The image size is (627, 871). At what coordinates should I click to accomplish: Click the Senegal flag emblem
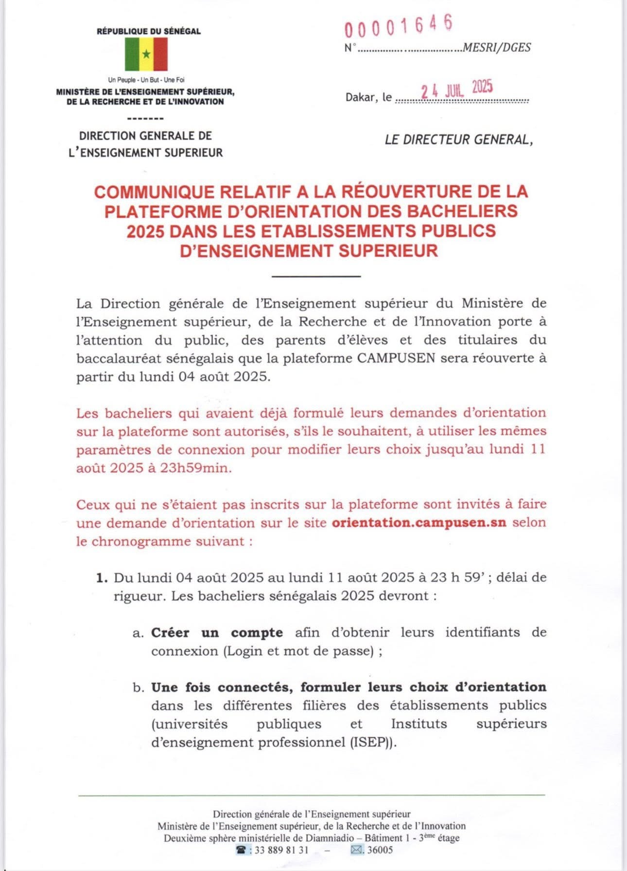tap(146, 54)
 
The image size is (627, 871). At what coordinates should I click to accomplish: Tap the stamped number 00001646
tap(399, 27)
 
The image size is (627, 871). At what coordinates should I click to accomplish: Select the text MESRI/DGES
tap(497, 48)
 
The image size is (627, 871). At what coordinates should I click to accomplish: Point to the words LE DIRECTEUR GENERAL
tap(458, 140)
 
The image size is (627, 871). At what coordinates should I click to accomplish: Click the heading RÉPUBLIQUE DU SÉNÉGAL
tap(149, 31)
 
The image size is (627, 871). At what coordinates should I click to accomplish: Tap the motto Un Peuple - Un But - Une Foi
tap(146, 80)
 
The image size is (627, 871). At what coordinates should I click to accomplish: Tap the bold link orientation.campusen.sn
tap(419, 523)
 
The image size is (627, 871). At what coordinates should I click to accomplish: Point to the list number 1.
tap(101, 578)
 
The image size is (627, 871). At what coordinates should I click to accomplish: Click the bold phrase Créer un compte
tap(217, 633)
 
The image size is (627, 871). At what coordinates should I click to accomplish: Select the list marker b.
tap(139, 688)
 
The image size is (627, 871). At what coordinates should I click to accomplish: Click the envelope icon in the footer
tap(356, 850)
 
